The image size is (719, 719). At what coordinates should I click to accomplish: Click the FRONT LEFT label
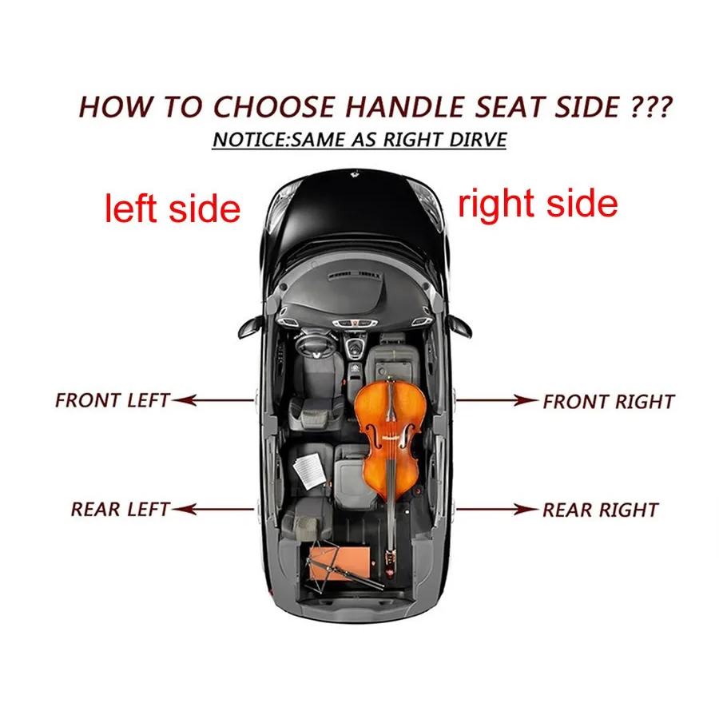pyautogui.click(x=113, y=400)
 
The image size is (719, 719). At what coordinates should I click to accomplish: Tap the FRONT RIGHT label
pyautogui.click(x=609, y=402)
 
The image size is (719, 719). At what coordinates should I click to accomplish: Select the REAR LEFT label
pyautogui.click(x=120, y=510)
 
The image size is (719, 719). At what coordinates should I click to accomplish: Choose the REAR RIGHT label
pyautogui.click(x=601, y=510)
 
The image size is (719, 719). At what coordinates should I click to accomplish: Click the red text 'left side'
pyautogui.click(x=173, y=209)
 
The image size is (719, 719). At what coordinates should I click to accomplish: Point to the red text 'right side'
pyautogui.click(x=538, y=204)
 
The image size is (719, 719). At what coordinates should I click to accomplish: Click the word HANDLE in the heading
pyautogui.click(x=405, y=107)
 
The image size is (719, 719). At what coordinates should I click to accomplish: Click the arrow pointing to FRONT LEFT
pyautogui.click(x=213, y=400)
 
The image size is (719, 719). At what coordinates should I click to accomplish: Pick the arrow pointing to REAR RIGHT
pyautogui.click(x=497, y=509)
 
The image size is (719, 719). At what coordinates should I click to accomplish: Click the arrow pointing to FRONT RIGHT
pyautogui.click(x=497, y=400)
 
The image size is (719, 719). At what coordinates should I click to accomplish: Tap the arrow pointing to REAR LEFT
pyautogui.click(x=213, y=509)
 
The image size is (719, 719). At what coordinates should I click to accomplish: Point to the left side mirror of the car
pyautogui.click(x=250, y=326)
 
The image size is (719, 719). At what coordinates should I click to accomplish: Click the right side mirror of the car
pyautogui.click(x=459, y=326)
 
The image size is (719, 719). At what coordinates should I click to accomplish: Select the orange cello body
pyautogui.click(x=391, y=438)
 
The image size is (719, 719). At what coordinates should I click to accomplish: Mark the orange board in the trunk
pyautogui.click(x=340, y=562)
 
